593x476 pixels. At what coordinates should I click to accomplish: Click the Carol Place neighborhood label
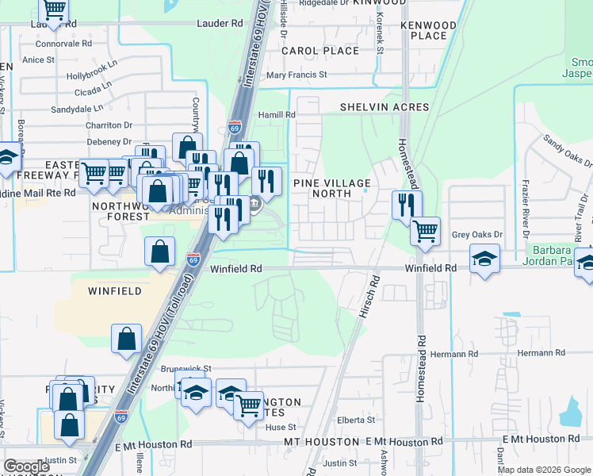click(320, 51)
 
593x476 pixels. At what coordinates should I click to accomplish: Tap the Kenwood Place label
click(429, 30)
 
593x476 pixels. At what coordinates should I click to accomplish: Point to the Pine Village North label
click(331, 188)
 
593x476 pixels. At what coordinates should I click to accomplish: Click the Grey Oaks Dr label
click(477, 235)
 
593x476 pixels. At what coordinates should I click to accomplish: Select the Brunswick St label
click(186, 369)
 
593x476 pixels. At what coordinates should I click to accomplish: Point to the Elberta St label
click(356, 420)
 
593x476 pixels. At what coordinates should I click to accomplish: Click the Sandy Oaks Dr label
click(567, 150)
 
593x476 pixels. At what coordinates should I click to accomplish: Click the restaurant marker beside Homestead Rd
click(406, 205)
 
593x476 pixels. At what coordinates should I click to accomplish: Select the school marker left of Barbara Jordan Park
click(484, 259)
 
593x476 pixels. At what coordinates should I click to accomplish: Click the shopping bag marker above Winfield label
click(159, 251)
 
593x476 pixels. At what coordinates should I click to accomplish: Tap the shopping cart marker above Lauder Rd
click(53, 10)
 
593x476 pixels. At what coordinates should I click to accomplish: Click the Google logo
click(26, 466)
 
